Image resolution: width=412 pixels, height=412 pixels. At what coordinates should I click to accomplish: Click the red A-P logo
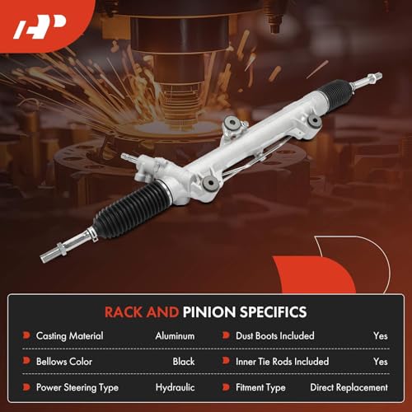tap(34, 30)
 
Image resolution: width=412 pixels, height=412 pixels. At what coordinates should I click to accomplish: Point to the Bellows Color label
tap(64, 361)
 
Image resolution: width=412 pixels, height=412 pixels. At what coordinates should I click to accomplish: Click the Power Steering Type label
tap(77, 386)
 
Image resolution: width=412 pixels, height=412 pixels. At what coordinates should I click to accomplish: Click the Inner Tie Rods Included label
tap(283, 361)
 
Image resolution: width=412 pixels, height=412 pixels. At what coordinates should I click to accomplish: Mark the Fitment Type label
tap(262, 386)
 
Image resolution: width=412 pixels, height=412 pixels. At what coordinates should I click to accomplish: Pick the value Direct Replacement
tap(349, 386)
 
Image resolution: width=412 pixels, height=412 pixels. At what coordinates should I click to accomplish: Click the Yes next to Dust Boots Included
tap(380, 336)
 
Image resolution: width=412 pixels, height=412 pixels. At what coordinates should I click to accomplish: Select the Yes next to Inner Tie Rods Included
tap(380, 361)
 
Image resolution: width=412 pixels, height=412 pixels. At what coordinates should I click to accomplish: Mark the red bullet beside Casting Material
tap(26, 336)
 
